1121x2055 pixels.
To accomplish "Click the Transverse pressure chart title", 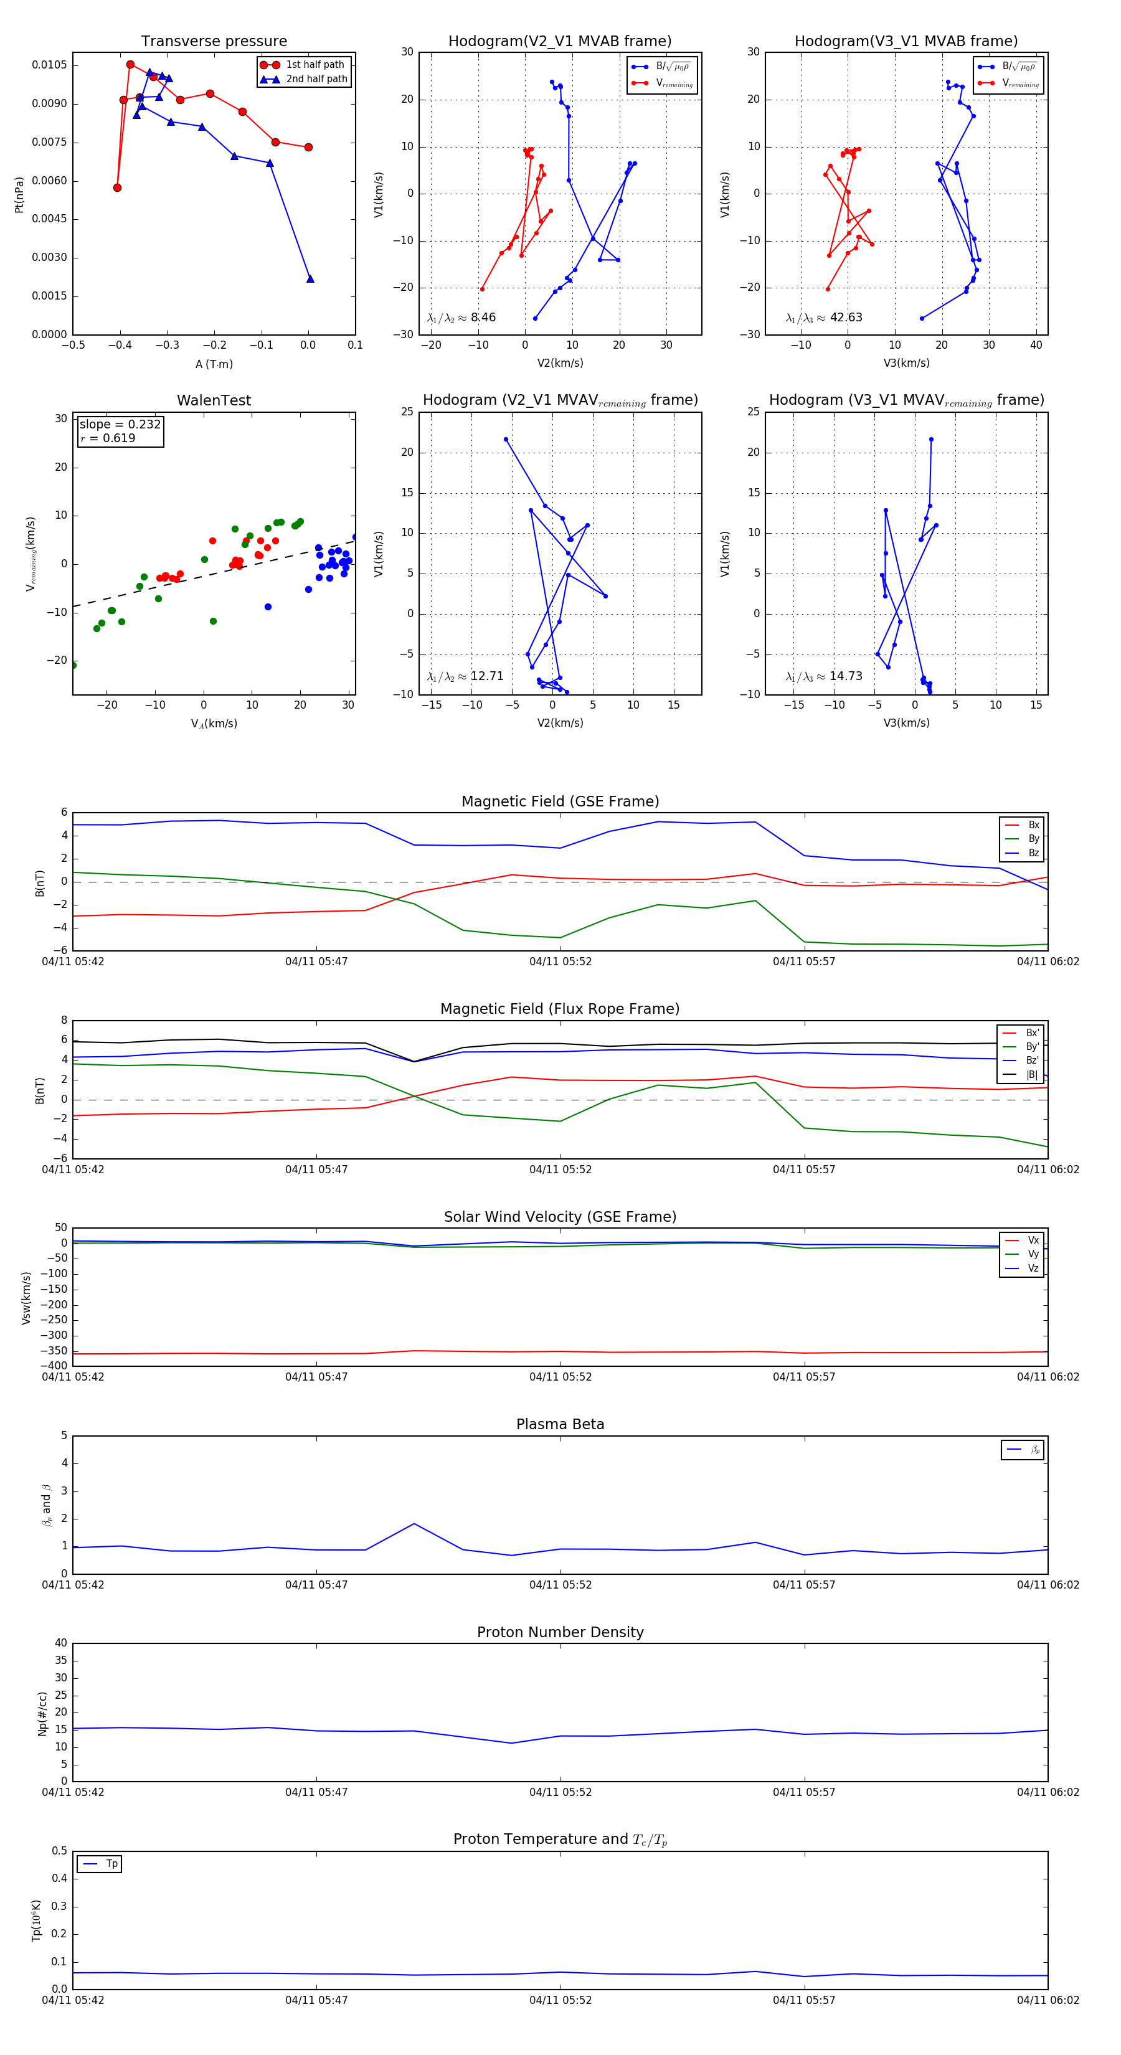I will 214,42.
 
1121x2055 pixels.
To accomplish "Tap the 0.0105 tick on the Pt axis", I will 49,65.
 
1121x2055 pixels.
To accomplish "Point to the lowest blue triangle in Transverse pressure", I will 310,278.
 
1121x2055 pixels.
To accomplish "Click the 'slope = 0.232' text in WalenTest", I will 120,425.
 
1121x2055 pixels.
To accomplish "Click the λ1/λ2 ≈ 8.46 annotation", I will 461,318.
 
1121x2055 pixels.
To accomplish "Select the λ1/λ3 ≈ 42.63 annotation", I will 823,318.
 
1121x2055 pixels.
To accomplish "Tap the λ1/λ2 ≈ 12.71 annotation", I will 465,676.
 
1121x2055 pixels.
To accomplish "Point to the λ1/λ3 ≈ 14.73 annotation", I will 823,676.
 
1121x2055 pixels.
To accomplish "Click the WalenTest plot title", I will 214,400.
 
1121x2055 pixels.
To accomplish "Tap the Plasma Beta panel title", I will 560,1425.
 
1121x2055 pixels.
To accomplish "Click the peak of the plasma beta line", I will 414,1524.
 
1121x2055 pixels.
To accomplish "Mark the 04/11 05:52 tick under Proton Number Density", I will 560,1792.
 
